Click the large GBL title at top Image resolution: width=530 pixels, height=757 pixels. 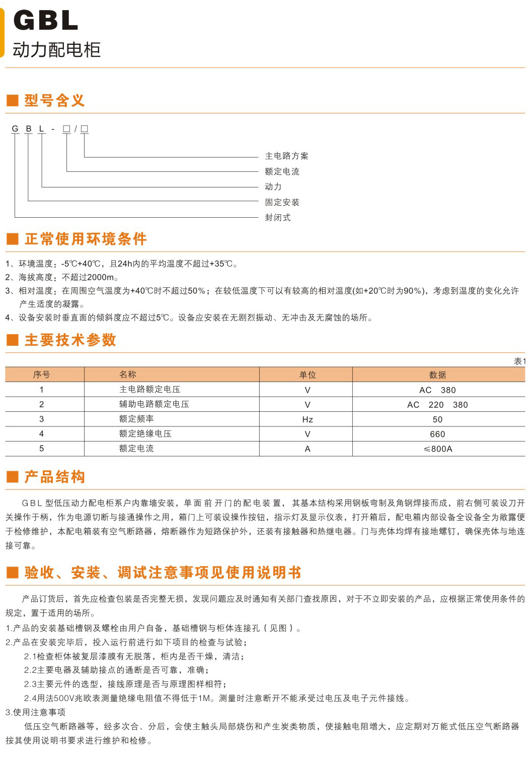pos(46,21)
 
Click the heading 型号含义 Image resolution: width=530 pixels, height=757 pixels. pos(54,100)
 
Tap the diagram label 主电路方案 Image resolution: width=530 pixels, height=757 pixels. pos(286,156)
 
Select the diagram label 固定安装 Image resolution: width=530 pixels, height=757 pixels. pos(282,203)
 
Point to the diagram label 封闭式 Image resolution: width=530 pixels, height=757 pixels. pos(278,218)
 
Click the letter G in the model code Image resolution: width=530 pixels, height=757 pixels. pos(15,129)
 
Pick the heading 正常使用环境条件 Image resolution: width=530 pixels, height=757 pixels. pos(86,239)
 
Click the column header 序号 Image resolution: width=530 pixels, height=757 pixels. pos(42,375)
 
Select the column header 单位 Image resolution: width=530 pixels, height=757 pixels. pos(308,375)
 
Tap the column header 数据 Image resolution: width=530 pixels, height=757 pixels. pos(437,375)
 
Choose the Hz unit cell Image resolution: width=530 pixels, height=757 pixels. pos(308,419)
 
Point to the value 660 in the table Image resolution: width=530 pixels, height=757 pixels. pos(437,434)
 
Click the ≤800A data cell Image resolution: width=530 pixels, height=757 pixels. pos(438,449)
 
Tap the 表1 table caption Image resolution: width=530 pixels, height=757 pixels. pos(519,361)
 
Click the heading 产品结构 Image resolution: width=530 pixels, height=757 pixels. pos(55,477)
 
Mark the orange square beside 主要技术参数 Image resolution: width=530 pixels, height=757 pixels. pos(13,340)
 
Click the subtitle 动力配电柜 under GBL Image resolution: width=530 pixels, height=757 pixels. pos(57,50)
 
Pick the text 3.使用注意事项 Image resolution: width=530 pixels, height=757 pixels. pos(36,712)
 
